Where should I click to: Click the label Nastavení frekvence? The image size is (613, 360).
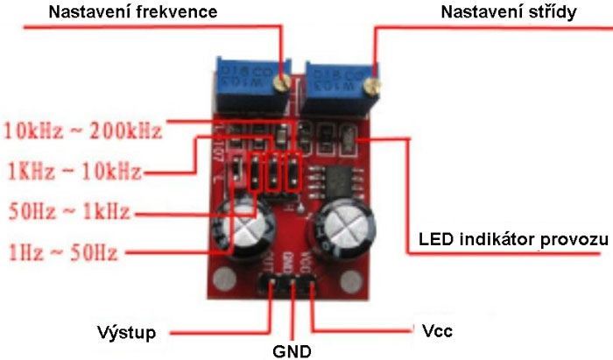click(x=133, y=13)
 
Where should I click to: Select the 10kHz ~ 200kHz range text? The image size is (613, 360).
click(x=83, y=132)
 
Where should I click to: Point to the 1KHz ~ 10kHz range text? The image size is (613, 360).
click(x=74, y=170)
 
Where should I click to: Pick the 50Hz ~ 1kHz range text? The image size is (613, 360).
click(x=68, y=211)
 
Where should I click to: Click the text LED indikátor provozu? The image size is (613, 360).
click(x=513, y=239)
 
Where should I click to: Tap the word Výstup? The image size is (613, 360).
click(x=126, y=332)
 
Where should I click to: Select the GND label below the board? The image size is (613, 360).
click(x=292, y=352)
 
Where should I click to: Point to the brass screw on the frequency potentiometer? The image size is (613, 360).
click(x=282, y=82)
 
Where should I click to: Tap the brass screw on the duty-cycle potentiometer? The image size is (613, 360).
click(x=372, y=85)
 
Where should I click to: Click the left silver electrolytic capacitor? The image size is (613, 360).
click(x=241, y=229)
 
